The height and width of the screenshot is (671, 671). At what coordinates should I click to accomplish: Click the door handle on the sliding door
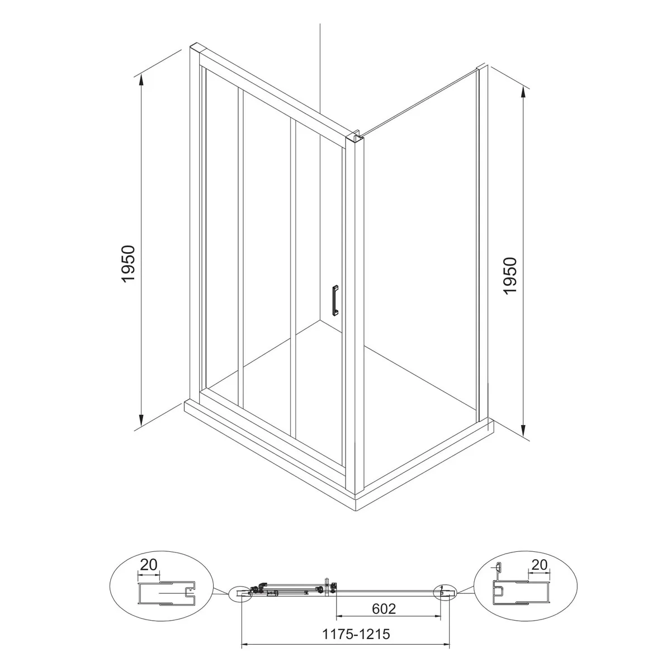coord(335,300)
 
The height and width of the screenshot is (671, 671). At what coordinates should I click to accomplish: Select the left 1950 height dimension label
coord(128,263)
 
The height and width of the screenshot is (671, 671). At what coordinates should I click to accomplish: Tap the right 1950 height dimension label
coord(511,276)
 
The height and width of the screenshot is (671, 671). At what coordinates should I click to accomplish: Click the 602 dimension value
coord(384,608)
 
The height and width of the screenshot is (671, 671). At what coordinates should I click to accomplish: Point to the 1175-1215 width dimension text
coord(356,634)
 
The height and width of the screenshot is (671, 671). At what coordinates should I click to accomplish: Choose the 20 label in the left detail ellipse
coord(149,565)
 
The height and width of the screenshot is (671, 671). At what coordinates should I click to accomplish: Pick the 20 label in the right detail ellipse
coord(540,565)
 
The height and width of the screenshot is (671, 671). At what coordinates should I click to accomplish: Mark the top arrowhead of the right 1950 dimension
coord(523,93)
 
